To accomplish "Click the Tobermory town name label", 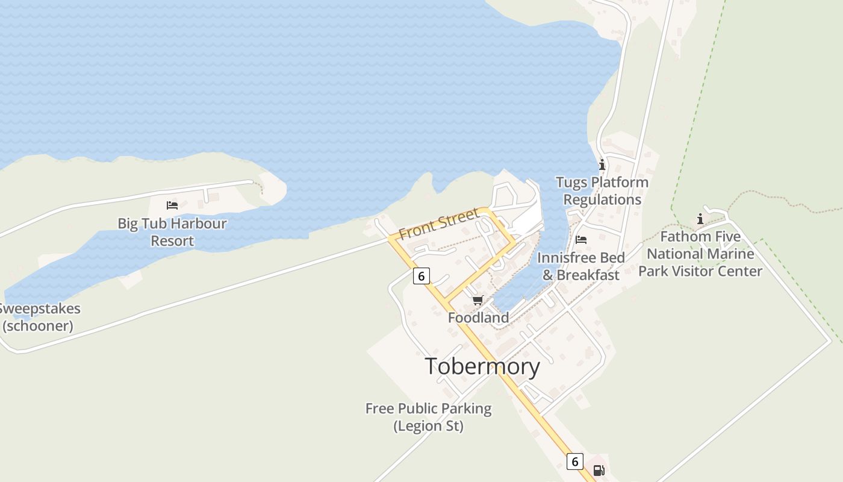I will tap(482, 366).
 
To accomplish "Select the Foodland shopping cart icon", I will tap(477, 300).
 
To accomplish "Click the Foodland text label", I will tap(478, 318).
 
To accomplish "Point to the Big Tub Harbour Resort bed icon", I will tap(172, 205).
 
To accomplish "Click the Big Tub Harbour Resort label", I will tap(172, 232).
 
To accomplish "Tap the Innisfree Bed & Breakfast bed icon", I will tap(581, 240).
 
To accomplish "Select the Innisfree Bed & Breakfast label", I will tap(580, 266).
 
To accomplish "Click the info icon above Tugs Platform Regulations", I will tap(602, 164).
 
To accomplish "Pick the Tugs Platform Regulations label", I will tap(602, 191).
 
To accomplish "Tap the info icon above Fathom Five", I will tap(700, 219).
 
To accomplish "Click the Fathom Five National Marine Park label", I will tap(700, 254).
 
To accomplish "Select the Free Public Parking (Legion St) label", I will tap(428, 418).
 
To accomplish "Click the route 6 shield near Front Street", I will tap(421, 276).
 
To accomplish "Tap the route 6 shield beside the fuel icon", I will tap(575, 462).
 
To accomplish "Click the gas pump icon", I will tap(599, 471).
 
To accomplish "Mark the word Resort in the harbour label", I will tap(172, 241).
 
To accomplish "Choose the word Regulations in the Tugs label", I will tap(602, 199).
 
